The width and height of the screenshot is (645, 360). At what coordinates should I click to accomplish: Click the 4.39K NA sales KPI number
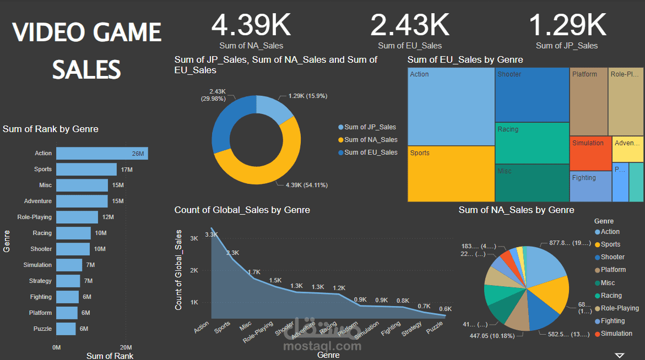(x=251, y=25)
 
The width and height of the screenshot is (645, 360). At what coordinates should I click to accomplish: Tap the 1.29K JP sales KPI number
(x=567, y=25)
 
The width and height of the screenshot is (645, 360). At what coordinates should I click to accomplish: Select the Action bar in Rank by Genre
(x=102, y=154)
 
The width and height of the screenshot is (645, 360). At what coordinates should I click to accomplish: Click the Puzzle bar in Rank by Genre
(x=66, y=329)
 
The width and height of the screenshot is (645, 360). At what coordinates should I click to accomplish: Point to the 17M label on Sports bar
(x=126, y=170)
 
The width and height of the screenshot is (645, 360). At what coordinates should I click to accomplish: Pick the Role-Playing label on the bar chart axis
(x=34, y=217)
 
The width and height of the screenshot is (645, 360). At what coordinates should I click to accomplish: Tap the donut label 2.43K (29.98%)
(x=217, y=95)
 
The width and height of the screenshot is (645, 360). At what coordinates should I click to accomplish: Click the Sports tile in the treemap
(x=451, y=173)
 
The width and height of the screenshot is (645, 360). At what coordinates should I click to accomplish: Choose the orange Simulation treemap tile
(x=590, y=153)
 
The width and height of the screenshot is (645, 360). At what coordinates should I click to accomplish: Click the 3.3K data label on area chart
(x=212, y=234)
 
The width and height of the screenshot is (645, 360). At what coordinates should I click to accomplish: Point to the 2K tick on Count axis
(x=194, y=270)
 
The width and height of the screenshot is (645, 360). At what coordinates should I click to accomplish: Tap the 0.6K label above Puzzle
(x=445, y=309)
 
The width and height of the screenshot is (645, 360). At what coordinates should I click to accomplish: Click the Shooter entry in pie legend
(x=612, y=257)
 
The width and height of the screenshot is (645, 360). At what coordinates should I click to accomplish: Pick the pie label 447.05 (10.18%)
(x=491, y=336)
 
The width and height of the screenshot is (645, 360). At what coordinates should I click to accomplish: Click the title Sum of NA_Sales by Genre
(x=516, y=210)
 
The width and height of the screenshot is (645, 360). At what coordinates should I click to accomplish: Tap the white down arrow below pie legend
(x=620, y=355)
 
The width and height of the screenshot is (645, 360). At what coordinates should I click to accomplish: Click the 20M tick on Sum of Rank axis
(x=126, y=347)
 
